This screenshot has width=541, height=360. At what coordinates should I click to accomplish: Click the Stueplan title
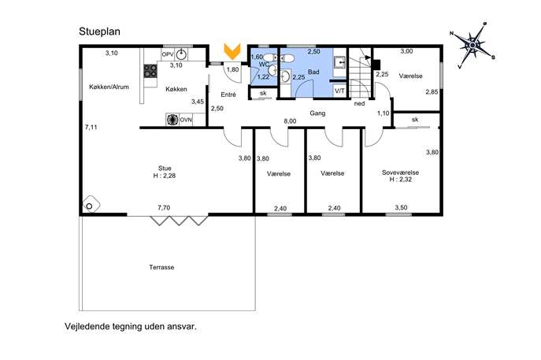click(x=99, y=32)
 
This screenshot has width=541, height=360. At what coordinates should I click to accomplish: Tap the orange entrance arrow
click(x=232, y=51)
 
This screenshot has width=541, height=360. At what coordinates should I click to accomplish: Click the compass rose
click(x=472, y=45)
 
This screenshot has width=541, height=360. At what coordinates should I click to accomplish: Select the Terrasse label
click(x=161, y=267)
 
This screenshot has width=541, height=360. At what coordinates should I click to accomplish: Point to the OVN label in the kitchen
click(x=186, y=120)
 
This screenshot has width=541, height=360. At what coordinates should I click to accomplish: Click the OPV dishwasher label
click(x=168, y=54)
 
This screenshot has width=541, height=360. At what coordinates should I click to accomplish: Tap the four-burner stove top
click(x=150, y=71)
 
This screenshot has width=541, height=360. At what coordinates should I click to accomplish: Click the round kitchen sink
click(x=181, y=54)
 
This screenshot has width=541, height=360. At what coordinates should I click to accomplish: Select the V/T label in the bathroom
click(x=339, y=91)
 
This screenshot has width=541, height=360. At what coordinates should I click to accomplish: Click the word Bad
click(x=313, y=72)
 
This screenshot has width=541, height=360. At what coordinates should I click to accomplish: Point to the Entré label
click(x=228, y=95)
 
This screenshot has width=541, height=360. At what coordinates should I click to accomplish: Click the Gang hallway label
click(x=317, y=113)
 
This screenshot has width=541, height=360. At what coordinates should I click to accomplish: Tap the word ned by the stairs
click(x=360, y=103)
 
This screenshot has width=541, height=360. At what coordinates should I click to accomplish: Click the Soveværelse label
click(x=400, y=173)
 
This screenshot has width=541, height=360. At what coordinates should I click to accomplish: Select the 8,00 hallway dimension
click(x=290, y=121)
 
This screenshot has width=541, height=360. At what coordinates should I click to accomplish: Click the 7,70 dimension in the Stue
click(x=164, y=208)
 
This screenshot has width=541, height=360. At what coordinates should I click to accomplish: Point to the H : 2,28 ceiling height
click(x=165, y=176)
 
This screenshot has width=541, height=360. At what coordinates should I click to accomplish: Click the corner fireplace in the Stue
click(x=91, y=204)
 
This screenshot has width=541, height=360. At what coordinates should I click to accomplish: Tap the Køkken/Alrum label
click(x=109, y=87)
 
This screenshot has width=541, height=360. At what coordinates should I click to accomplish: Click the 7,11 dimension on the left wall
click(x=91, y=128)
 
